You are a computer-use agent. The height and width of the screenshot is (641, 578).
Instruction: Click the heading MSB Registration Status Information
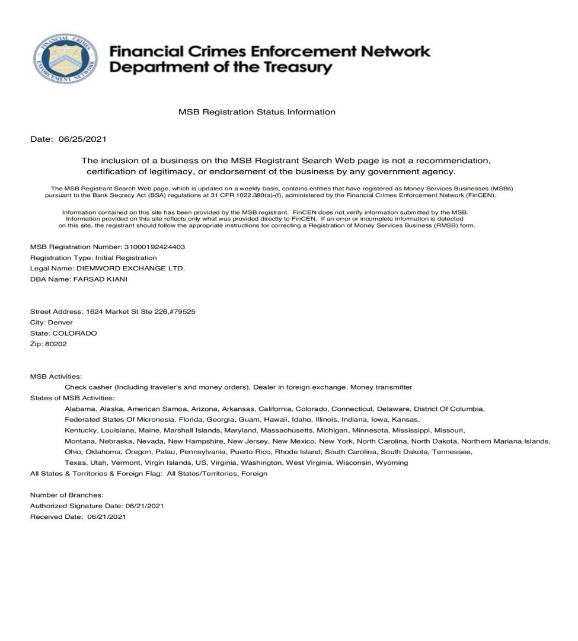click(x=257, y=111)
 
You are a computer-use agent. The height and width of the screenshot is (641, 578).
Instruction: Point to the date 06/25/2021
click(x=82, y=139)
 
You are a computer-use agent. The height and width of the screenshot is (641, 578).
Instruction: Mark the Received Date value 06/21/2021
click(x=106, y=516)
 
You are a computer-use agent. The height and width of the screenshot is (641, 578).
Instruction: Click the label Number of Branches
click(x=67, y=495)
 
